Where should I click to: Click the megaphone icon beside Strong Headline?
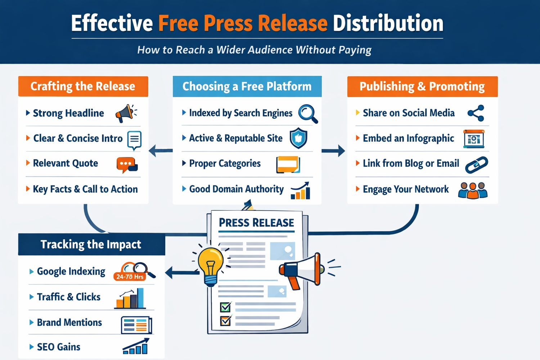pyautogui.click(x=125, y=113)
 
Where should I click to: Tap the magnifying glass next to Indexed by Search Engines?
pyautogui.click(x=308, y=113)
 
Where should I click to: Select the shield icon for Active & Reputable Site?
pyautogui.click(x=298, y=138)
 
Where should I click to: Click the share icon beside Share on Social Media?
pyautogui.click(x=476, y=113)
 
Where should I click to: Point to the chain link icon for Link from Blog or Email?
pyautogui.click(x=476, y=165)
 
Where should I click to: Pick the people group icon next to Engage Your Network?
pyautogui.click(x=473, y=190)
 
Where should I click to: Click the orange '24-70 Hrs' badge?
pyautogui.click(x=130, y=276)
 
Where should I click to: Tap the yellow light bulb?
pyautogui.click(x=211, y=265)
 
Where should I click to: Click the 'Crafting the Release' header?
pyautogui.click(x=83, y=86)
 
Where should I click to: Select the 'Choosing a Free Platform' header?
pyautogui.click(x=247, y=86)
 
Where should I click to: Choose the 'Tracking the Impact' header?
pyautogui.click(x=91, y=244)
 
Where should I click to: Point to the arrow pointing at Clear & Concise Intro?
pyautogui.click(x=160, y=150)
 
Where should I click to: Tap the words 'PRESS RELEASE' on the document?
pyautogui.click(x=256, y=223)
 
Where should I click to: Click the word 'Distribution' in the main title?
pyautogui.click(x=388, y=23)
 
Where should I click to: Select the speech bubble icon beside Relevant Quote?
pyautogui.click(x=127, y=165)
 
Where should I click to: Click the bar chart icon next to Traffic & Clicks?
pyautogui.click(x=130, y=298)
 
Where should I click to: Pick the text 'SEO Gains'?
pyautogui.click(x=59, y=347)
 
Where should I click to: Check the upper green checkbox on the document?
pyautogui.click(x=225, y=307)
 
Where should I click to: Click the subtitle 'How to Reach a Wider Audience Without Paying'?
pyautogui.click(x=254, y=50)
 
